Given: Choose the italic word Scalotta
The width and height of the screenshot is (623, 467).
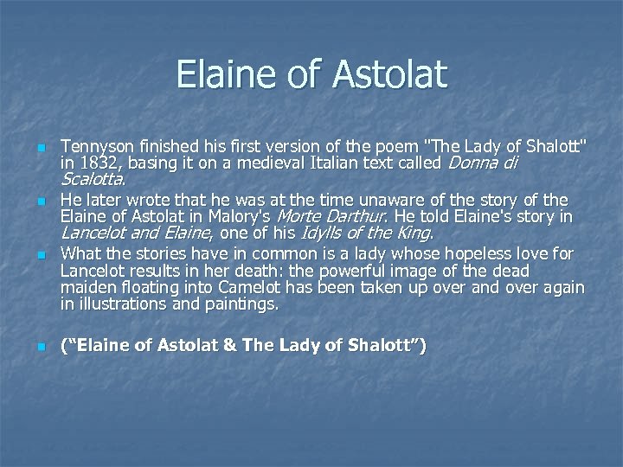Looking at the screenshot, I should [x=93, y=180].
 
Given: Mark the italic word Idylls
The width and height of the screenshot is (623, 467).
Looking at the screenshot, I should [x=319, y=232].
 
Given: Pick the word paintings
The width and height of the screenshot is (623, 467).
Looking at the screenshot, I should [x=243, y=304].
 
